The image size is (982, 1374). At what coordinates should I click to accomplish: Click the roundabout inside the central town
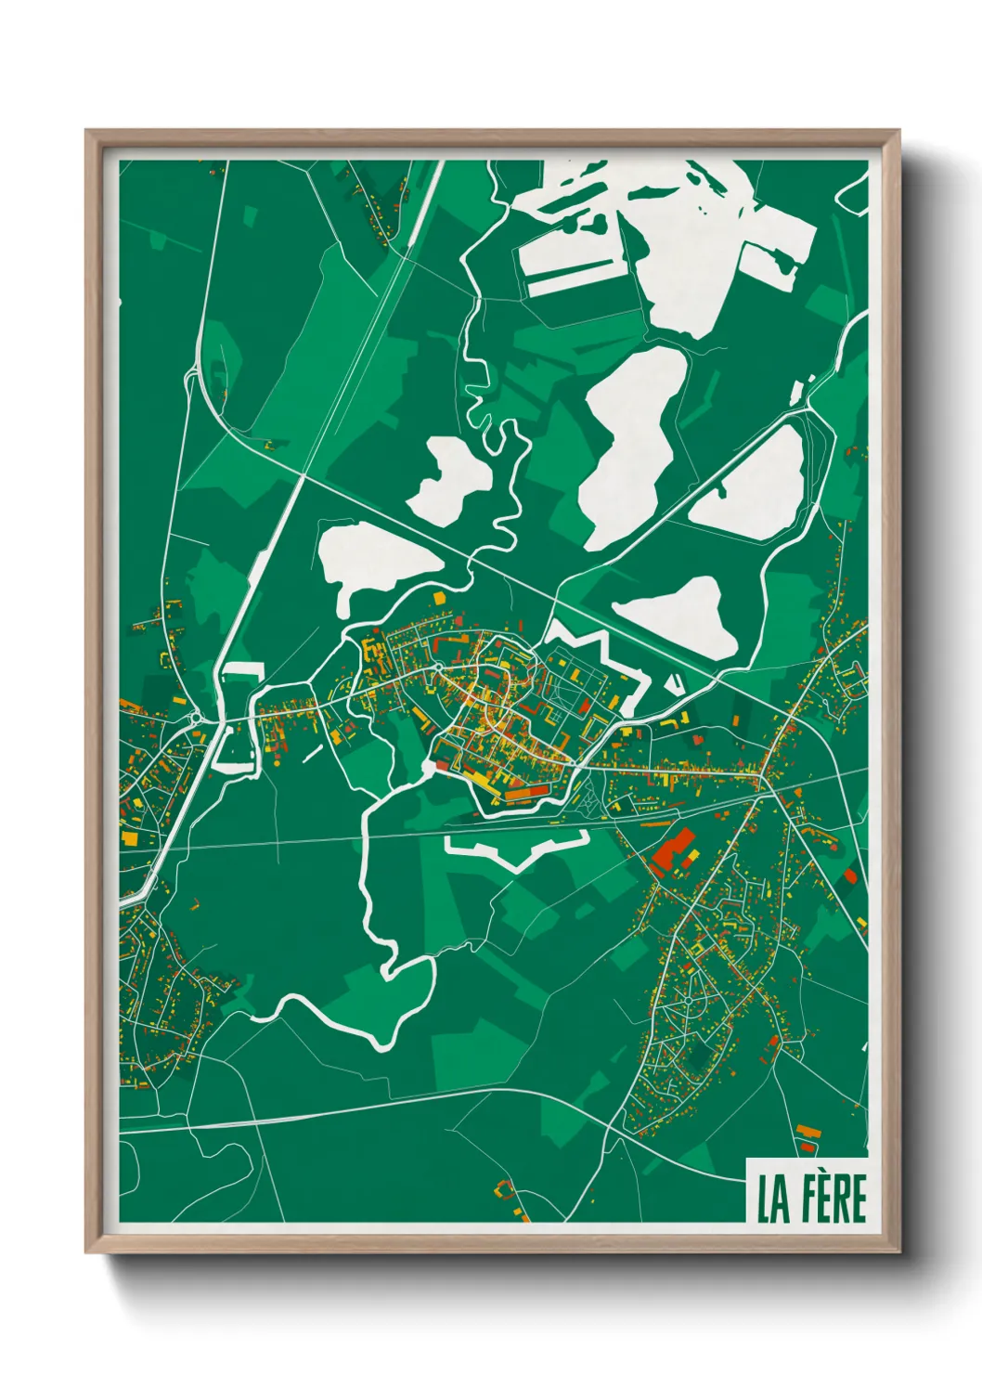[437, 668]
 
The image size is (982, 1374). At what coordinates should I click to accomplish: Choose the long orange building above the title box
[810, 1132]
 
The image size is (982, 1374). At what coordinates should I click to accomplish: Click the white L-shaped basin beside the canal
[238, 715]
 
